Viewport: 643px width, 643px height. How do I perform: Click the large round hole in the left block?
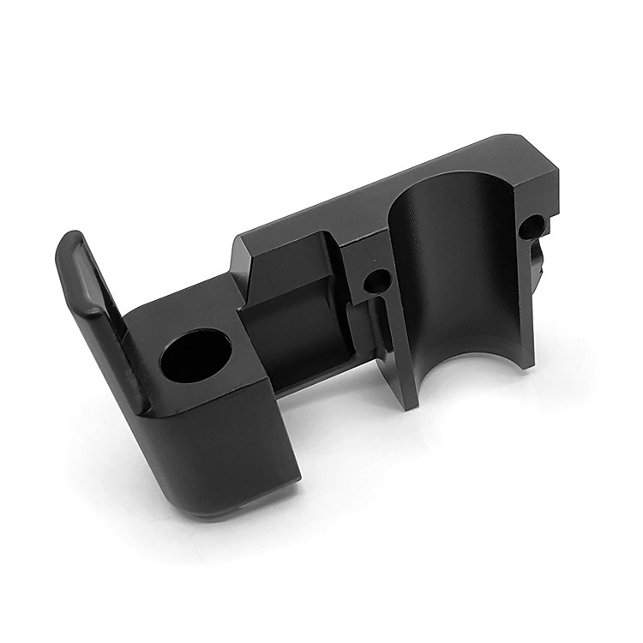pos(195,357)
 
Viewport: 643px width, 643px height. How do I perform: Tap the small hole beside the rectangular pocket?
pos(376,281)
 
